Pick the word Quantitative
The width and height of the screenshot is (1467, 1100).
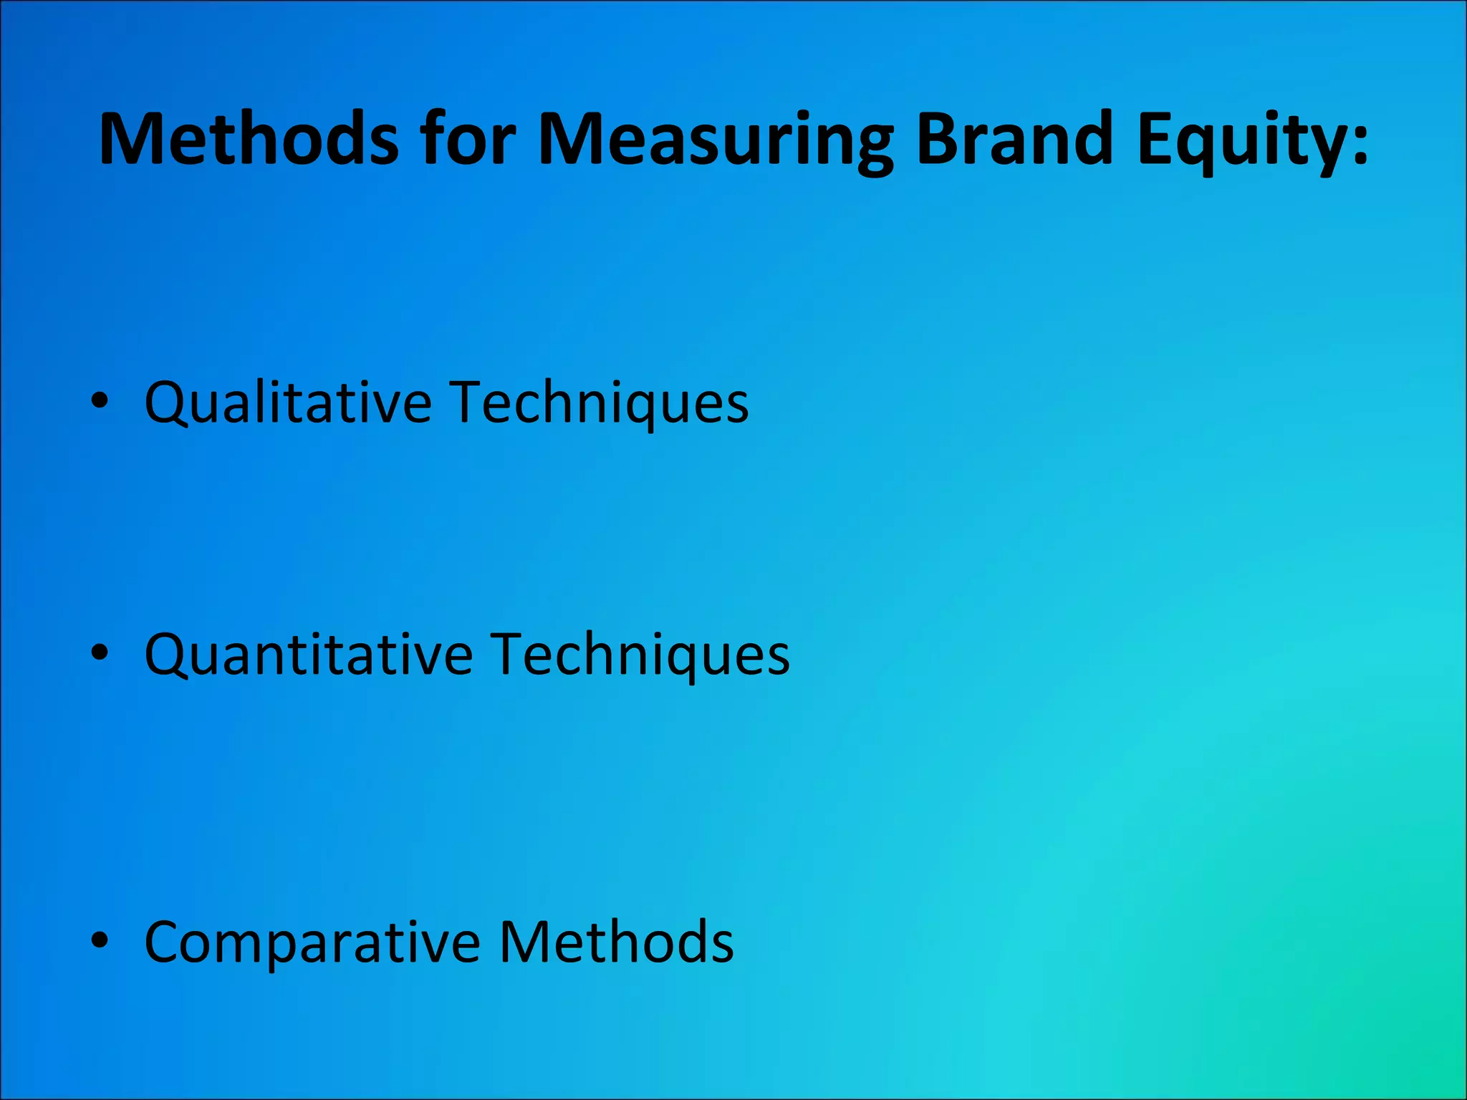pyautogui.click(x=309, y=655)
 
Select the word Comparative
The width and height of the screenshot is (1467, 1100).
pyautogui.click(x=312, y=942)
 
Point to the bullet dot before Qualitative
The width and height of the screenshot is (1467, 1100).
pyautogui.click(x=100, y=401)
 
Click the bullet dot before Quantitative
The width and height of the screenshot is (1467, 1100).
pyautogui.click(x=100, y=652)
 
